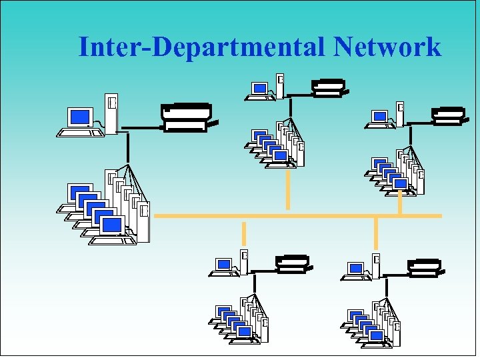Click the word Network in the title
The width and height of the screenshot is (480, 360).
387,47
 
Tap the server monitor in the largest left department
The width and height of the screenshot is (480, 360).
80,118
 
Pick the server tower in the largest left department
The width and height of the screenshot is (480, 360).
111,113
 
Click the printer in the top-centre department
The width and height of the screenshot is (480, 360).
328,87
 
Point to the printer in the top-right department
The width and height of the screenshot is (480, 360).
448,115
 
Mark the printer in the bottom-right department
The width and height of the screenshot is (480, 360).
424,267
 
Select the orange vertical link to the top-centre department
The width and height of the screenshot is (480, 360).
288,189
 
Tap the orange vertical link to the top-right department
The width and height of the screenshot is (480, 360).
399,203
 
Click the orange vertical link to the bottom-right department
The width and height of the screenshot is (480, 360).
376,233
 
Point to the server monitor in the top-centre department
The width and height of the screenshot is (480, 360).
259,88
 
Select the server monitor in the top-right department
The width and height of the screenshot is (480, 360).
379,116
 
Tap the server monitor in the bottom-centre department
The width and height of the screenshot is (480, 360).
224,265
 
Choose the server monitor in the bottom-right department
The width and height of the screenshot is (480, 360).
356,268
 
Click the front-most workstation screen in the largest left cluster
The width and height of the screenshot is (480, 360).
112,225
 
